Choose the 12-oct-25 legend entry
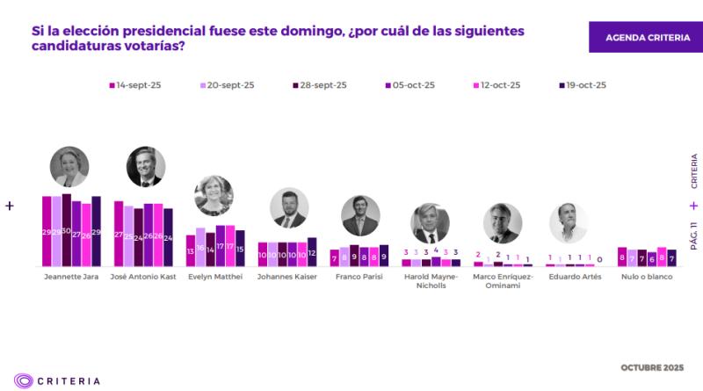[x=496, y=85]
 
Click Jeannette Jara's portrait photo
[x=70, y=166]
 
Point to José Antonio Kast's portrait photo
[x=145, y=167]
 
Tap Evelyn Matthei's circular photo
[x=213, y=195]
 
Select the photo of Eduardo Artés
[x=568, y=222]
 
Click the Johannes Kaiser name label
[x=286, y=276]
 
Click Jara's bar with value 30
[x=67, y=230]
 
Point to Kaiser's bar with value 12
[x=312, y=252]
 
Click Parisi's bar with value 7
[x=335, y=257]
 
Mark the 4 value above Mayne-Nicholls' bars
[x=436, y=250]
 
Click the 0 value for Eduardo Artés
[x=600, y=259]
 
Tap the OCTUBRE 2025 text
[x=653, y=366]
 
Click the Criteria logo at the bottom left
[x=57, y=380]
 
